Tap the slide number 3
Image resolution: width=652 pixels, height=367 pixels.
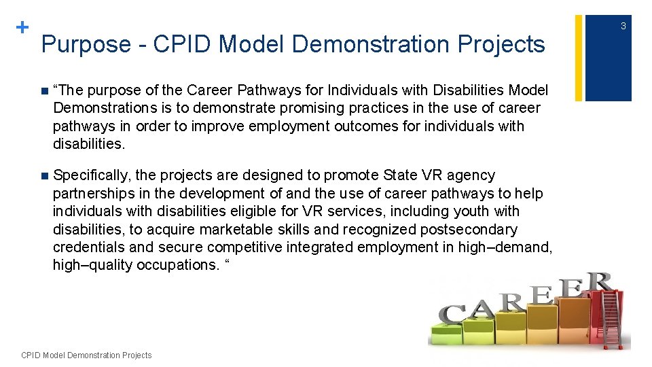[623, 26]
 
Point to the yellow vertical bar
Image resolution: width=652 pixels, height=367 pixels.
[579, 58]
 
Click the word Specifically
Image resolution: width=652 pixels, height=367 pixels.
[92, 176]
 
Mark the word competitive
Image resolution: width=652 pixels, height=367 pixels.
[246, 247]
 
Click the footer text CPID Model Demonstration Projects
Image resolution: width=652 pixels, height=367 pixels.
[87, 355]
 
